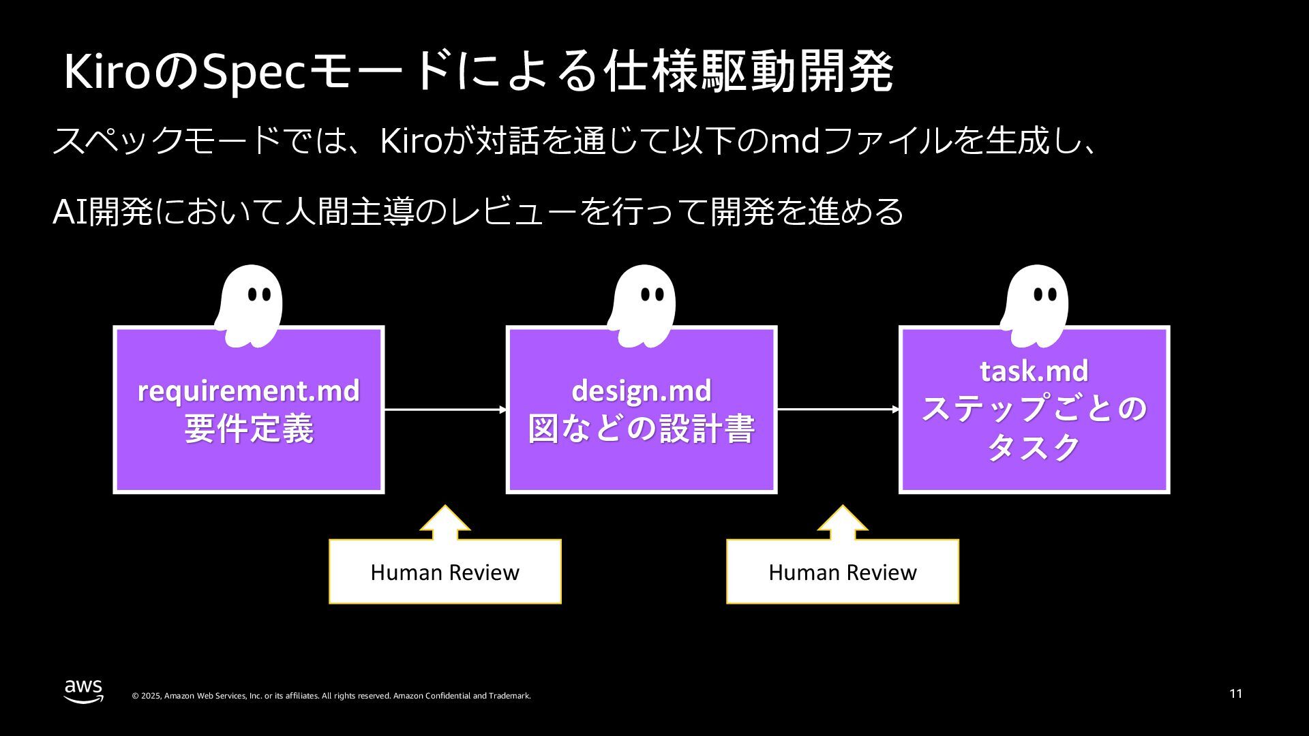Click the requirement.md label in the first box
[x=248, y=390]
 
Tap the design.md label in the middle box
[x=641, y=390]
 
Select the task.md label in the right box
[x=1034, y=371]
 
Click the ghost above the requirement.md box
[x=250, y=305]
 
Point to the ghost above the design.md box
[x=642, y=305]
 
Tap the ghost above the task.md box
[x=1035, y=305]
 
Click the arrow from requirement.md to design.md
[x=445, y=410]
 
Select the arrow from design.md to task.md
[x=838, y=410]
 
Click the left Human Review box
[x=445, y=572]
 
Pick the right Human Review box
[x=842, y=572]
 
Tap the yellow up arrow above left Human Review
[x=445, y=522]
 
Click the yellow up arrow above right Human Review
[x=843, y=522]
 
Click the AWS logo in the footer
[x=83, y=690]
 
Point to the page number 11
[x=1235, y=694]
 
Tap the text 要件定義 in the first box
[x=248, y=429]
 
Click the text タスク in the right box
[x=1034, y=448]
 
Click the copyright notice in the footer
[x=331, y=696]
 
